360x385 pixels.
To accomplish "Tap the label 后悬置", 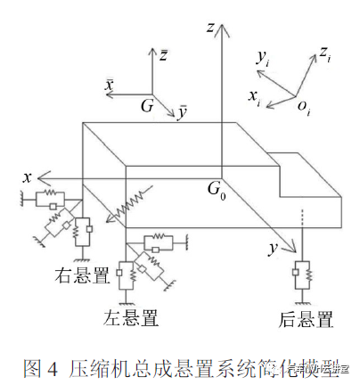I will tap(304, 318).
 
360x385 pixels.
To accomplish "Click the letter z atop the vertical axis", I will tap(209, 29).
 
